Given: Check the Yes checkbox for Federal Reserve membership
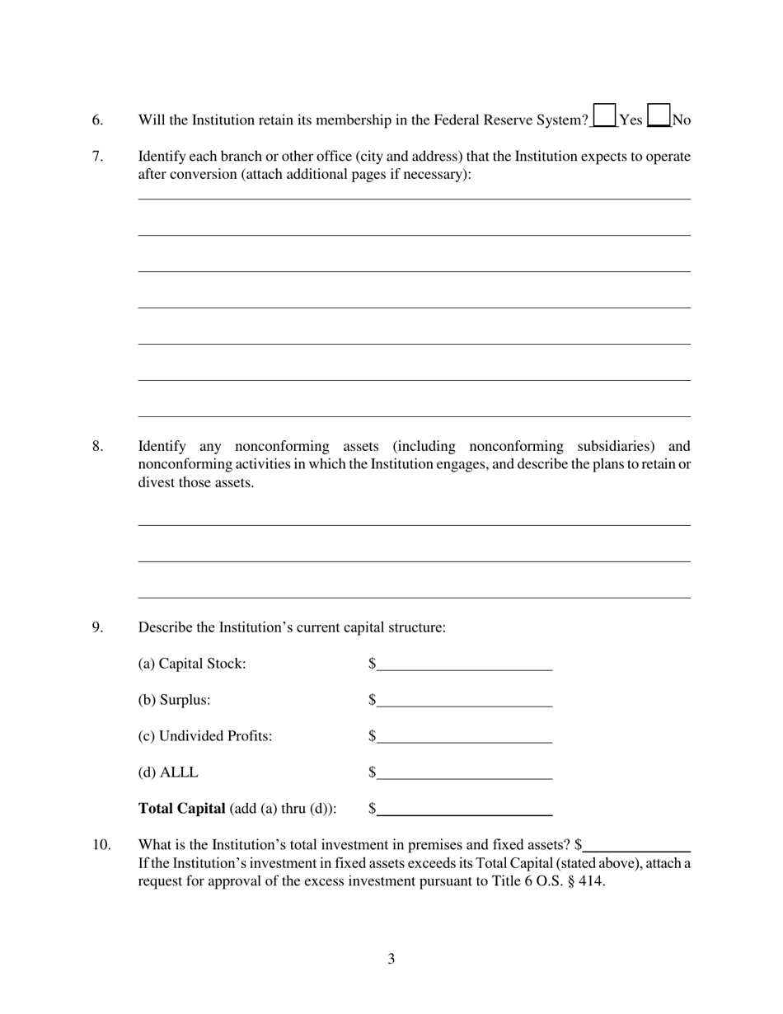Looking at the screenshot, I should point(604,115).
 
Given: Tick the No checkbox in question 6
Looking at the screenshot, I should point(659,115).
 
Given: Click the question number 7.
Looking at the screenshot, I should point(97,157).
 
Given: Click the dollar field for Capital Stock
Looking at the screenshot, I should point(464,664).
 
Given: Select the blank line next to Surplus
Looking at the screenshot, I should point(464,700).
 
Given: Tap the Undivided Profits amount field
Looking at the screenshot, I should point(464,736).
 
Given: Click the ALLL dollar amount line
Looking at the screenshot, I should point(464,772).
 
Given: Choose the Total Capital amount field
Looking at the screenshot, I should point(464,809).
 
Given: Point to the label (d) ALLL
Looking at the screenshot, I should point(168,772).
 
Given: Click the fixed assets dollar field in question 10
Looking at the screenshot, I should point(636,845).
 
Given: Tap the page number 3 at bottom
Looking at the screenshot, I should point(391,959).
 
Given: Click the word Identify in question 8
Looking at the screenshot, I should point(162,447).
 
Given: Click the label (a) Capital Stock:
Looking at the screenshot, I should point(191,664).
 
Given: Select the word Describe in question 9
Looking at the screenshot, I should point(165,627).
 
